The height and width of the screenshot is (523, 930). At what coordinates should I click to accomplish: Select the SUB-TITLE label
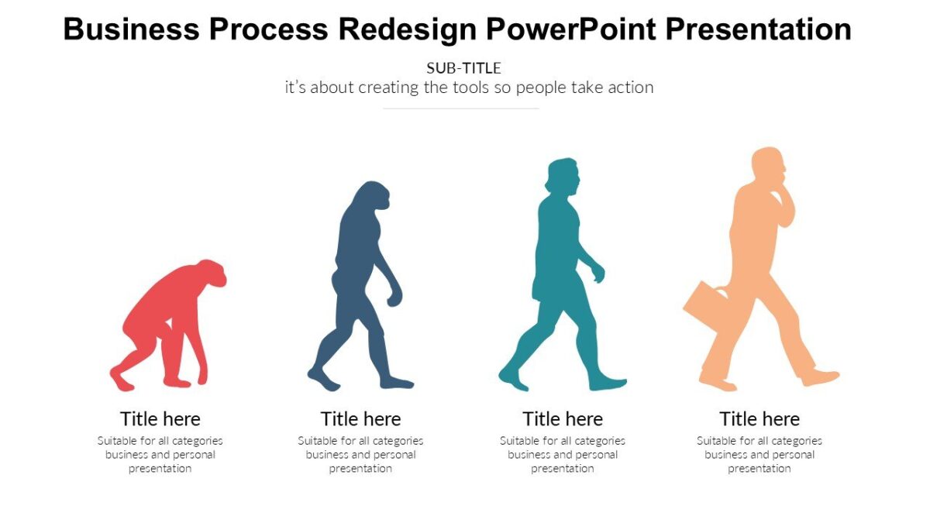463,68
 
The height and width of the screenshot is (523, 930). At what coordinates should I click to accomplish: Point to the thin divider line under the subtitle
461,108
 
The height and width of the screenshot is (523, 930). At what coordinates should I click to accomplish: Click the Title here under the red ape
160,419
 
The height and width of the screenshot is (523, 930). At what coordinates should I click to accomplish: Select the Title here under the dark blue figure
360,419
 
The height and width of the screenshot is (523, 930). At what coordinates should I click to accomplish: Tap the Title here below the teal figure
563,419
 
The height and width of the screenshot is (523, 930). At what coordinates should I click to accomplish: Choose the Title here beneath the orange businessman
759,419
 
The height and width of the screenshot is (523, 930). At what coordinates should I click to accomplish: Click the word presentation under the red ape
160,469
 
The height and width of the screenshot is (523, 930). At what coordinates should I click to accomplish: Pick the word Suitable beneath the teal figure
518,441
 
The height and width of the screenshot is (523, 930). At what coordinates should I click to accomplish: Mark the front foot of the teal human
608,383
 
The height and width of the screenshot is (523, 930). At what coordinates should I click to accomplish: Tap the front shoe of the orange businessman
821,378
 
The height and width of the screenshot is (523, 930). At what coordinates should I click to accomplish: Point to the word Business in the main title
131,29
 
